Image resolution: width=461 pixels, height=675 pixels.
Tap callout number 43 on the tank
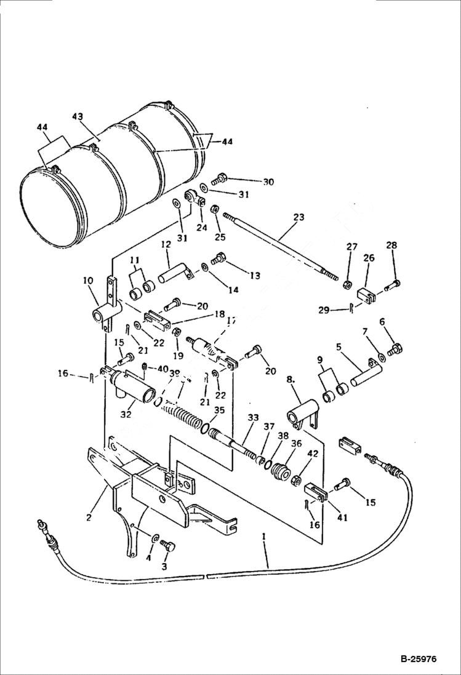78,117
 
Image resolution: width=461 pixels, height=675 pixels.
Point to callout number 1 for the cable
264,537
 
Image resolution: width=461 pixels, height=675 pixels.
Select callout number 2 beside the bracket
89,517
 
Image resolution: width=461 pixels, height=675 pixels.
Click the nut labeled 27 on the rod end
348,284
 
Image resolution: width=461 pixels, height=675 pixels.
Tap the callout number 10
88,281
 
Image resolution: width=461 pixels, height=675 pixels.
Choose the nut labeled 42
295,478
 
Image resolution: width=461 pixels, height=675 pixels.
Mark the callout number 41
342,517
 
